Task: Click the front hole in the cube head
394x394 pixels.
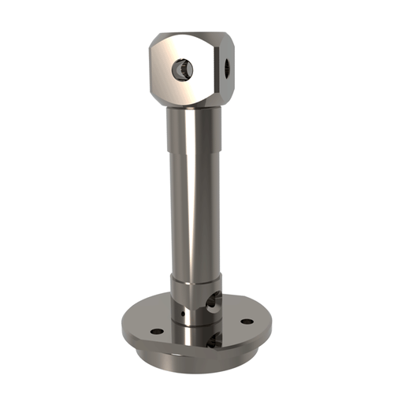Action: coord(180,72)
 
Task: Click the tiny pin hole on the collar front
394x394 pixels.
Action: coord(182,313)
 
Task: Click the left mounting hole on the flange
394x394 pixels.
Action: coord(156,330)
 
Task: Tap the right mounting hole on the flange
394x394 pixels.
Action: coord(247,322)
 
